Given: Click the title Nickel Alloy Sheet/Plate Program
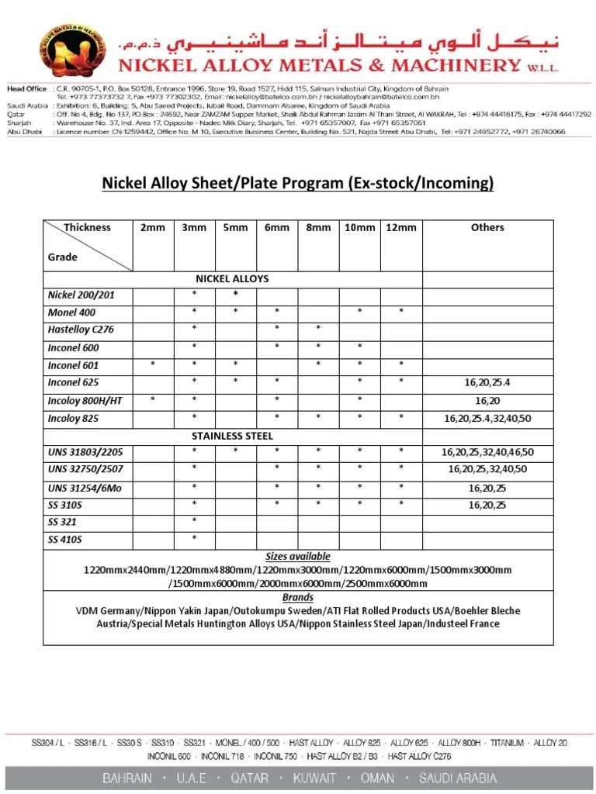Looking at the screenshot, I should [298, 183].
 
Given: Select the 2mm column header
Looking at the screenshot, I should [153, 227].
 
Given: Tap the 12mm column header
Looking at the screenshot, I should [401, 227].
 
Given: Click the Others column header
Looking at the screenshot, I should [487, 227].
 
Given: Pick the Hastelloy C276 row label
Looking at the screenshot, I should [81, 330].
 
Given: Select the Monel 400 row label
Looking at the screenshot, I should [72, 312].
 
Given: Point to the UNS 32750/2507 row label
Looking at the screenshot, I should [85, 469].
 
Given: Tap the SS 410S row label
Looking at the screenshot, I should [65, 539].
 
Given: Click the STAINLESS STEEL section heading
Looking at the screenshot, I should [232, 436].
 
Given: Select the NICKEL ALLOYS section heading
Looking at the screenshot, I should [232, 278].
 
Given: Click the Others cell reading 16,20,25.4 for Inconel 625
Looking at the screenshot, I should [487, 382].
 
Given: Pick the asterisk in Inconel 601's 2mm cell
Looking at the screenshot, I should [153, 364].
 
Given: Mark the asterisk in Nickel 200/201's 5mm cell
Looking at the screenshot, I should [236, 295].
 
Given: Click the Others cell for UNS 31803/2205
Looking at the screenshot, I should [487, 452].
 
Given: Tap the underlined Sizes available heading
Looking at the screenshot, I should [298, 557].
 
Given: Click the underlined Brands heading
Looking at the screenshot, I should [298, 597].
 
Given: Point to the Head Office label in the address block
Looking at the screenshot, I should [26, 89].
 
